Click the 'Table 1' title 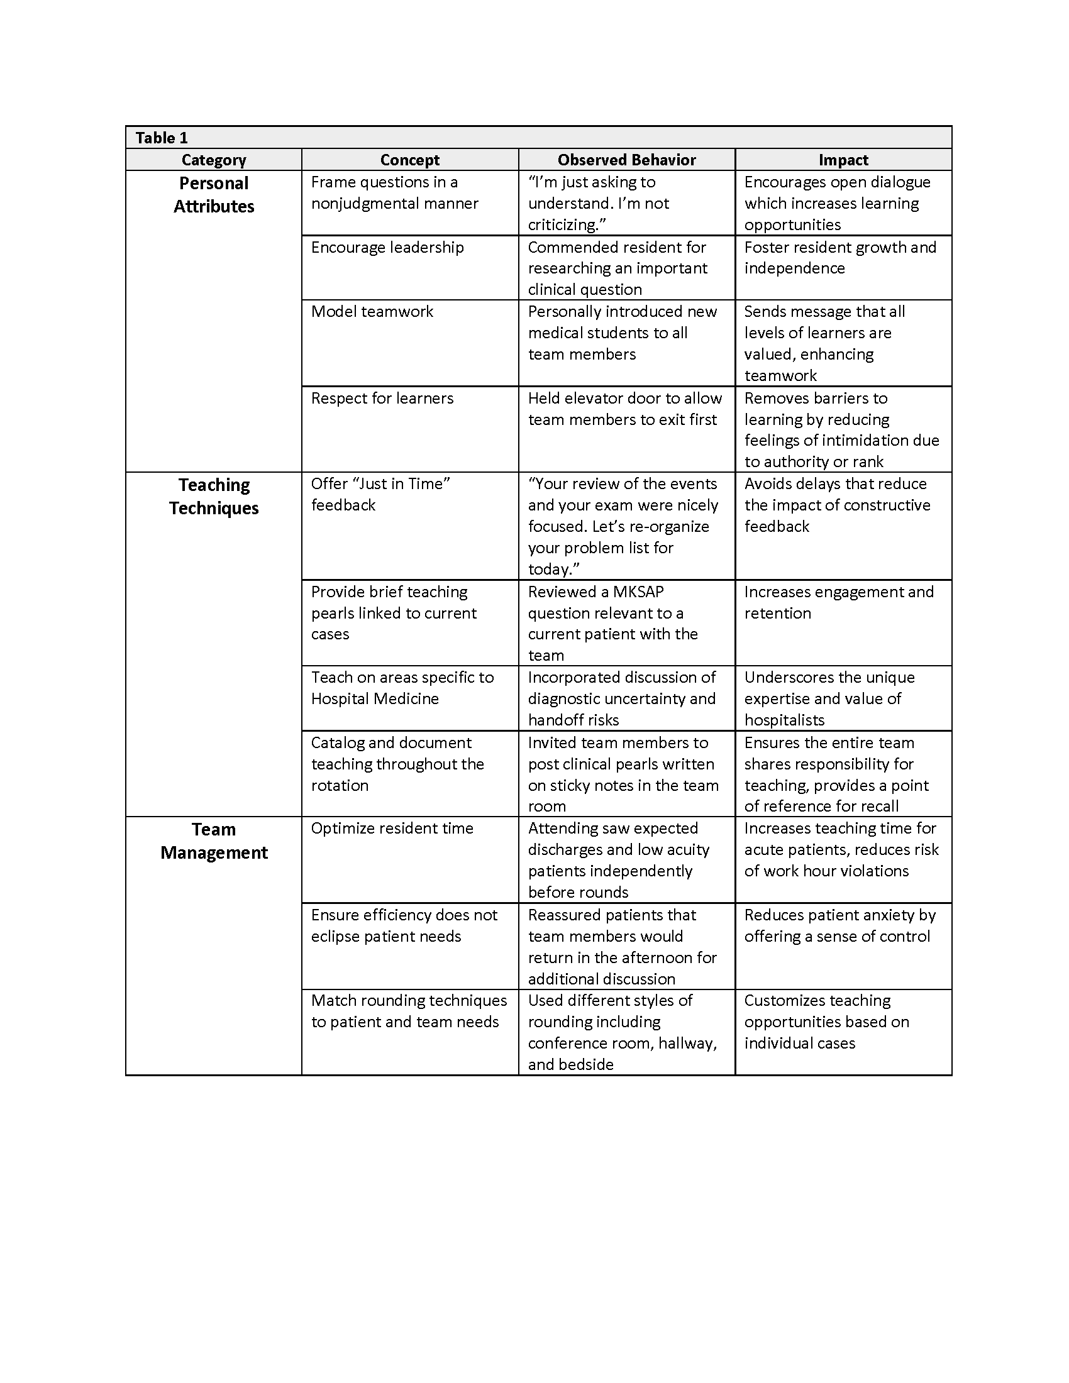(162, 138)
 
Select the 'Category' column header (213, 160)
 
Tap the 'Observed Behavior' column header (626, 160)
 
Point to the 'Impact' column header (843, 160)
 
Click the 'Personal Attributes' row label (213, 194)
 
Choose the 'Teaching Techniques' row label (213, 497)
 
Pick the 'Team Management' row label (213, 841)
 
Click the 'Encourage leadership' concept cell (387, 247)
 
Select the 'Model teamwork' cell (372, 312)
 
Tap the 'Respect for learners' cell (382, 399)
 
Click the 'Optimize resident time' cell (392, 829)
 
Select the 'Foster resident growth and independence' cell (839, 257)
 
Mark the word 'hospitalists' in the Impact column (784, 720)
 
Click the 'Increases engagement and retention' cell (838, 602)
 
